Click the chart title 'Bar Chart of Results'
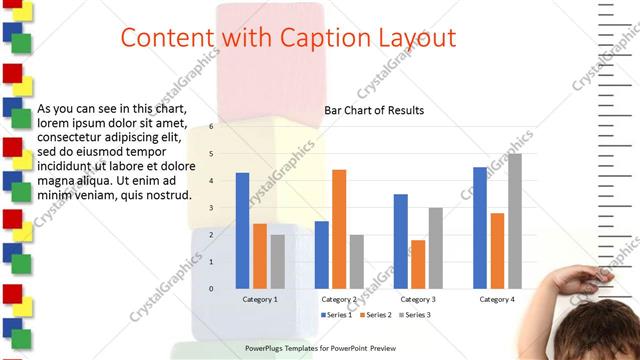[x=374, y=110]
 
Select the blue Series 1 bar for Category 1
[x=242, y=231]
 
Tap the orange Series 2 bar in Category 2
[x=339, y=229]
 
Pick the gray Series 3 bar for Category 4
[x=515, y=221]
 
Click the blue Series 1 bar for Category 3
[x=400, y=241]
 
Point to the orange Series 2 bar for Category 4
[x=497, y=251]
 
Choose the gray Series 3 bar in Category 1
[x=277, y=262]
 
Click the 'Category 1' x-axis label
[x=260, y=299]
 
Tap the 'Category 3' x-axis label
[x=418, y=299]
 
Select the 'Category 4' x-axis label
[x=497, y=299]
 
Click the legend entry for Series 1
[x=337, y=315]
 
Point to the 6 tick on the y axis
[x=211, y=127]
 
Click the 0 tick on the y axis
[x=211, y=289]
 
